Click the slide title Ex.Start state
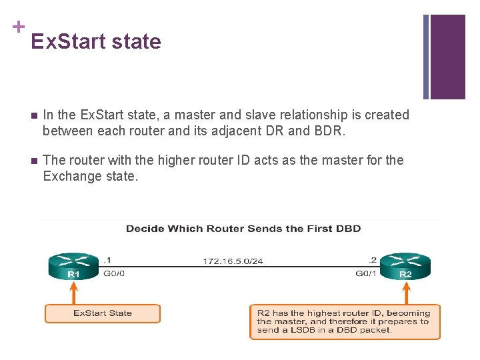coord(96,41)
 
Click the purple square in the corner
coord(447,57)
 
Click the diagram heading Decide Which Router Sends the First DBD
coord(243,229)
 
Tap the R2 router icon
coord(405,265)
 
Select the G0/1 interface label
coord(366,273)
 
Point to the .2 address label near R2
coord(373,260)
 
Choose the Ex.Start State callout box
coord(103,313)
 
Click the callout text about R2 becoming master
coord(344,321)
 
